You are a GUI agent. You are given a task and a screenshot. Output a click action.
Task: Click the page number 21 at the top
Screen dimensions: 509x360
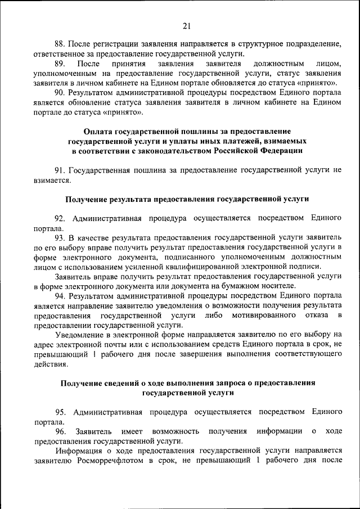click(187, 25)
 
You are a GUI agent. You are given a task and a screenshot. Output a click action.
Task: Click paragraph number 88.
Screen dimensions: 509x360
click(61, 44)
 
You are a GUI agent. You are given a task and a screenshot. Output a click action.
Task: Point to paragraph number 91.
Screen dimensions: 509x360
click(61, 170)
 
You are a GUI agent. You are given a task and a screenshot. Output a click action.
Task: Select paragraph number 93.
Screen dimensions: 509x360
click(61, 237)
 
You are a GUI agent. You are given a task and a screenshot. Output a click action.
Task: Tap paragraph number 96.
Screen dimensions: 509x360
click(61, 431)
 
